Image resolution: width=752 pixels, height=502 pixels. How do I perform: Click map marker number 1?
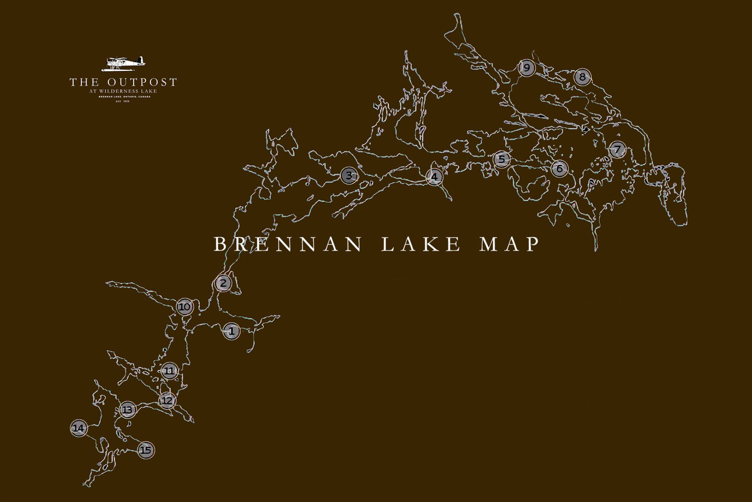click(x=231, y=331)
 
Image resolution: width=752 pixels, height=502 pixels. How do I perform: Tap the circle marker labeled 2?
click(x=223, y=283)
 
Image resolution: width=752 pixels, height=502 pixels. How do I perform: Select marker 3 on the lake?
click(x=349, y=175)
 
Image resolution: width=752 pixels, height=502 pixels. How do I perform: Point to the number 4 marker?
click(x=434, y=177)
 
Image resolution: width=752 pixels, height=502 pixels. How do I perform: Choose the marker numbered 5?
click(x=502, y=159)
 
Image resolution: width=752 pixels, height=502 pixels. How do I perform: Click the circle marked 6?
click(x=559, y=168)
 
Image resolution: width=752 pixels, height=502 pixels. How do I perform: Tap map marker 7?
click(x=617, y=149)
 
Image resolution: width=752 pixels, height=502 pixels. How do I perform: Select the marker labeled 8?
click(x=582, y=77)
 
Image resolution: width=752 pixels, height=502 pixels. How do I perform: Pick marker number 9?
click(x=527, y=68)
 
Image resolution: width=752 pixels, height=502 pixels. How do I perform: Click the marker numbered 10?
click(x=185, y=307)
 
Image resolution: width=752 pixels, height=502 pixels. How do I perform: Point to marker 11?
click(x=169, y=371)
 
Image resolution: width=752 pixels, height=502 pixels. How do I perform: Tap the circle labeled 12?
click(x=167, y=401)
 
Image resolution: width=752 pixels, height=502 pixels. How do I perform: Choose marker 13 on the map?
click(x=127, y=410)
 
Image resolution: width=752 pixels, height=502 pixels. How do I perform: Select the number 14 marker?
click(x=79, y=428)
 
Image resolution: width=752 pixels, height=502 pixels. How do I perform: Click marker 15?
click(x=146, y=450)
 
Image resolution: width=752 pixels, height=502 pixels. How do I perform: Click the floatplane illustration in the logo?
click(x=123, y=64)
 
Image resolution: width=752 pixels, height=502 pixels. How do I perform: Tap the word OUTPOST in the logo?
click(x=142, y=82)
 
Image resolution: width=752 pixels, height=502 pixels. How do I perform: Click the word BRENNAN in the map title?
click(x=288, y=244)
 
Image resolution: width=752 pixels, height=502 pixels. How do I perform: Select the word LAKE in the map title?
click(x=421, y=244)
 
